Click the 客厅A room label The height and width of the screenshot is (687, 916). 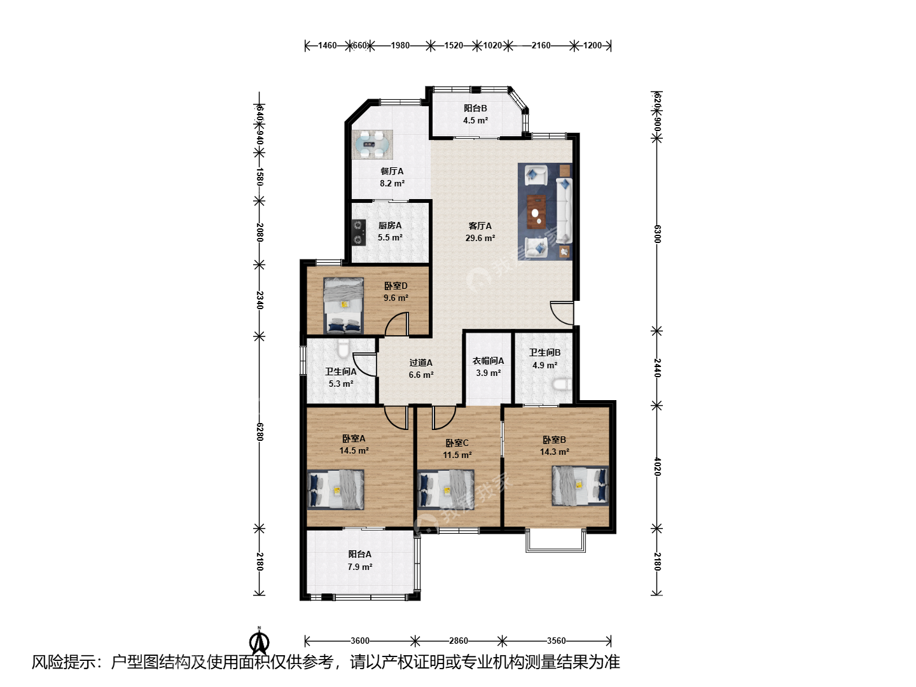(480, 226)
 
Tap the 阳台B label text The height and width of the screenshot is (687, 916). (475, 108)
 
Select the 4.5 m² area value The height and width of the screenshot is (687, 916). (475, 121)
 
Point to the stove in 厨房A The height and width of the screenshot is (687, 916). (359, 232)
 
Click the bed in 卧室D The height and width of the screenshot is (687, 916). (343, 306)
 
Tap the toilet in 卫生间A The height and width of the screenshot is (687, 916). (343, 349)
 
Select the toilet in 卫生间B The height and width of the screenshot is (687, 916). (562, 384)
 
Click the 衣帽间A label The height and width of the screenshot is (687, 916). (488, 361)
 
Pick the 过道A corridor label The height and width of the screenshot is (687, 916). (420, 363)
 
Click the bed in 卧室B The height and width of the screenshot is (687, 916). (580, 485)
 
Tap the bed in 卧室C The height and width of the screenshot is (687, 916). (446, 490)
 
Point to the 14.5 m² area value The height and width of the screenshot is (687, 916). (354, 450)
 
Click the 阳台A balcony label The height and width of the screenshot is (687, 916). (360, 554)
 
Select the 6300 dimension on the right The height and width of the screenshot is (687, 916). (657, 234)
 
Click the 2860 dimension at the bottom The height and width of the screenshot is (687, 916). (459, 641)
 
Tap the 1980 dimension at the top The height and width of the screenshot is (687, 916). (399, 45)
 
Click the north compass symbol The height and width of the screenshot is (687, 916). (259, 642)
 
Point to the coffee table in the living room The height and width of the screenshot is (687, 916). (536, 212)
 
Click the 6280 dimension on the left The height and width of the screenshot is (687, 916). (260, 432)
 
